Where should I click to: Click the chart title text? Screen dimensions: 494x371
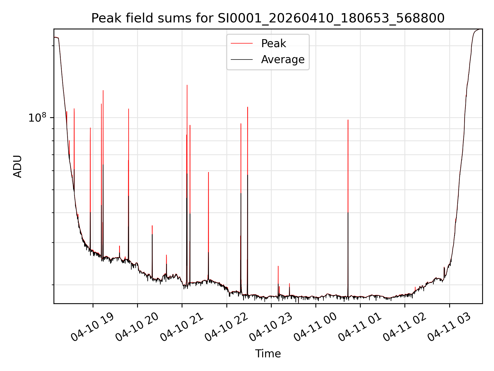click(268, 18)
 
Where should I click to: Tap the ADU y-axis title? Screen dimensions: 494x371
click(17, 166)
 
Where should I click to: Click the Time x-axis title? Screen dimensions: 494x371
click(268, 353)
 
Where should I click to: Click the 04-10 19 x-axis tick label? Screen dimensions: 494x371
click(92, 327)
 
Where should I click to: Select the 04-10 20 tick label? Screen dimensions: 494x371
click(137, 327)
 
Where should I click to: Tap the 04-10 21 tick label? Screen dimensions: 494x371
click(181, 327)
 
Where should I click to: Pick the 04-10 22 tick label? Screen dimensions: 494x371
click(226, 327)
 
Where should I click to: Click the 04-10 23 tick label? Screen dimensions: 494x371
click(271, 327)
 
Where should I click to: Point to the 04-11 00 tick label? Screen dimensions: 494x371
click(315, 327)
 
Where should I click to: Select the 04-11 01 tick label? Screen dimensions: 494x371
click(360, 327)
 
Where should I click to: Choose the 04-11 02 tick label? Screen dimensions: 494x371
click(404, 327)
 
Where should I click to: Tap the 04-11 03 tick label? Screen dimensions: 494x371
click(449, 327)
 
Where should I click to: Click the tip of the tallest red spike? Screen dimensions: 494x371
click(187, 85)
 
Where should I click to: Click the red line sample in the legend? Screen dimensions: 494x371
click(242, 44)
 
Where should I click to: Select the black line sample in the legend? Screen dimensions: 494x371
click(242, 60)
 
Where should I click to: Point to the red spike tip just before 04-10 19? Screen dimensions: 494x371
click(90, 128)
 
